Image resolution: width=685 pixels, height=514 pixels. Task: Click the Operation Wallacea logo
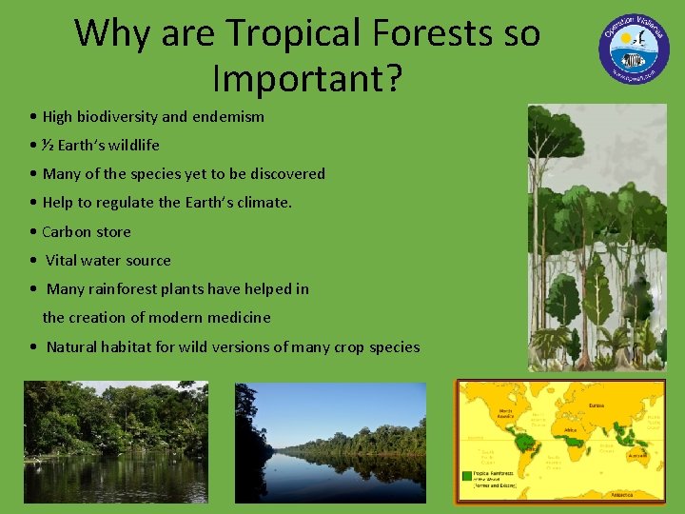pos(634,49)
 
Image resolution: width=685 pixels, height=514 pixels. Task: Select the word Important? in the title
pos(307,78)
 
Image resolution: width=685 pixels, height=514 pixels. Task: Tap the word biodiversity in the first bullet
pos(116,117)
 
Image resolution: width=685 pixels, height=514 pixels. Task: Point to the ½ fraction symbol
pos(48,146)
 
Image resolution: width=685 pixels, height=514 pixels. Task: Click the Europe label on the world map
pos(597,405)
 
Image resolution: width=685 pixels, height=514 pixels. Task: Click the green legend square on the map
pos(467,474)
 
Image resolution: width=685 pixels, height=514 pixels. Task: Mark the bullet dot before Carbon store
pos(33,232)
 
